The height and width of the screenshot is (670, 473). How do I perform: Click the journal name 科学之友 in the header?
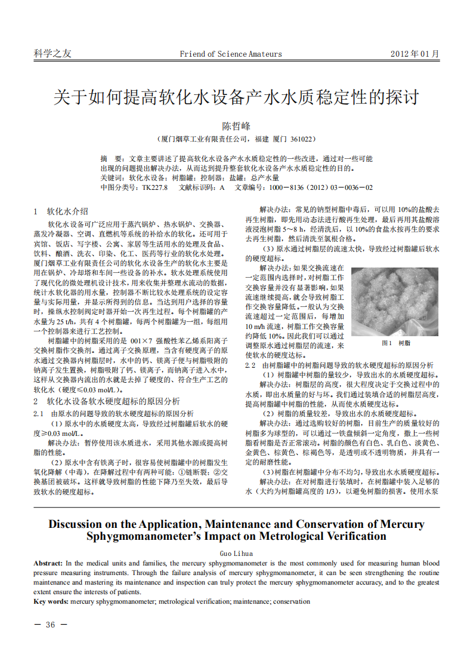point(52,54)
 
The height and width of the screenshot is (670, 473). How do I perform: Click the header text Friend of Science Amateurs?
point(231,54)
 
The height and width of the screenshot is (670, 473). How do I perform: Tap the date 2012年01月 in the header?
point(415,54)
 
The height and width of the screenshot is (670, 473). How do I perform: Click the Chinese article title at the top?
point(236,97)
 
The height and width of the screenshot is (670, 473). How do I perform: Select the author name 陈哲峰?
point(237,127)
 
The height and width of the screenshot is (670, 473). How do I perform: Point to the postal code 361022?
point(302,139)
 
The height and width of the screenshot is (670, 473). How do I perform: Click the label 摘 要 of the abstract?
point(112,159)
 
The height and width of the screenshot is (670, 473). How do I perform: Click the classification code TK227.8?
point(154,188)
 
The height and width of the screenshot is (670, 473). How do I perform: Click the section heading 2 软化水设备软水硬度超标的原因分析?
point(106,401)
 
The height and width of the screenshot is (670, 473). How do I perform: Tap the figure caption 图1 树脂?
point(395,343)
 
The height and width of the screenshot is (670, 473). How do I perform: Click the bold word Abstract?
point(48,563)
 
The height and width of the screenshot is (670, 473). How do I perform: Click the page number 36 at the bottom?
point(51,625)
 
